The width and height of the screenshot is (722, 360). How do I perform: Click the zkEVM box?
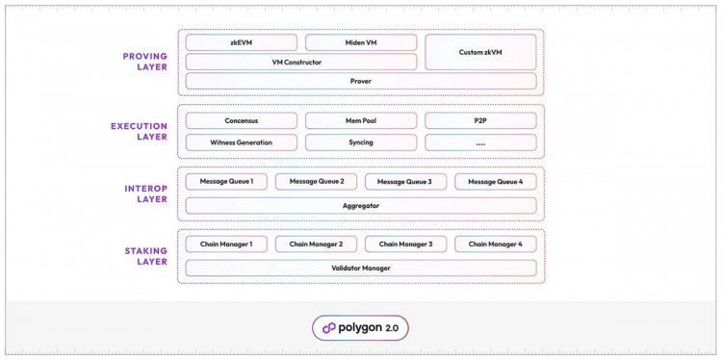[241, 42]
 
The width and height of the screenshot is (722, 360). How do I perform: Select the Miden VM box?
[361, 42]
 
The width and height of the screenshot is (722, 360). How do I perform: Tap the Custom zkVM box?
[480, 52]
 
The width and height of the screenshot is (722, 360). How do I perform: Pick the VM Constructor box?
[300, 62]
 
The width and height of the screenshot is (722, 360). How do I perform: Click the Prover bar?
[361, 81]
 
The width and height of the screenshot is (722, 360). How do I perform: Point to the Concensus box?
[241, 121]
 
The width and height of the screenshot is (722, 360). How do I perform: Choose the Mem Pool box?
[361, 121]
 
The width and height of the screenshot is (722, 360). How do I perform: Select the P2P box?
[480, 121]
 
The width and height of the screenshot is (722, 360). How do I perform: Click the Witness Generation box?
[241, 141]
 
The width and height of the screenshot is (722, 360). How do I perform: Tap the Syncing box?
[361, 141]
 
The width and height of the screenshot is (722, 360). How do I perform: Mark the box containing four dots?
[480, 141]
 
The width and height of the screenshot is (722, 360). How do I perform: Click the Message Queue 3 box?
[405, 182]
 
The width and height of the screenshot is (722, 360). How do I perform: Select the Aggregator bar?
[361, 205]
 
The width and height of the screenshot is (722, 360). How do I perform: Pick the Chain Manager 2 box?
[316, 244]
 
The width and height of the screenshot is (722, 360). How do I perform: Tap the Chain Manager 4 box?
[495, 244]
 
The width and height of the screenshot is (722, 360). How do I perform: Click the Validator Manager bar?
[361, 268]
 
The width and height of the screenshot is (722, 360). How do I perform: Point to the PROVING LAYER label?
[145, 62]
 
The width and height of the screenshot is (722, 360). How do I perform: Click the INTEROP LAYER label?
[145, 193]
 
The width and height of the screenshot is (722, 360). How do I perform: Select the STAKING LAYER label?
[145, 255]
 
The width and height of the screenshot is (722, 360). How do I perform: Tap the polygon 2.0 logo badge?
[361, 327]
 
